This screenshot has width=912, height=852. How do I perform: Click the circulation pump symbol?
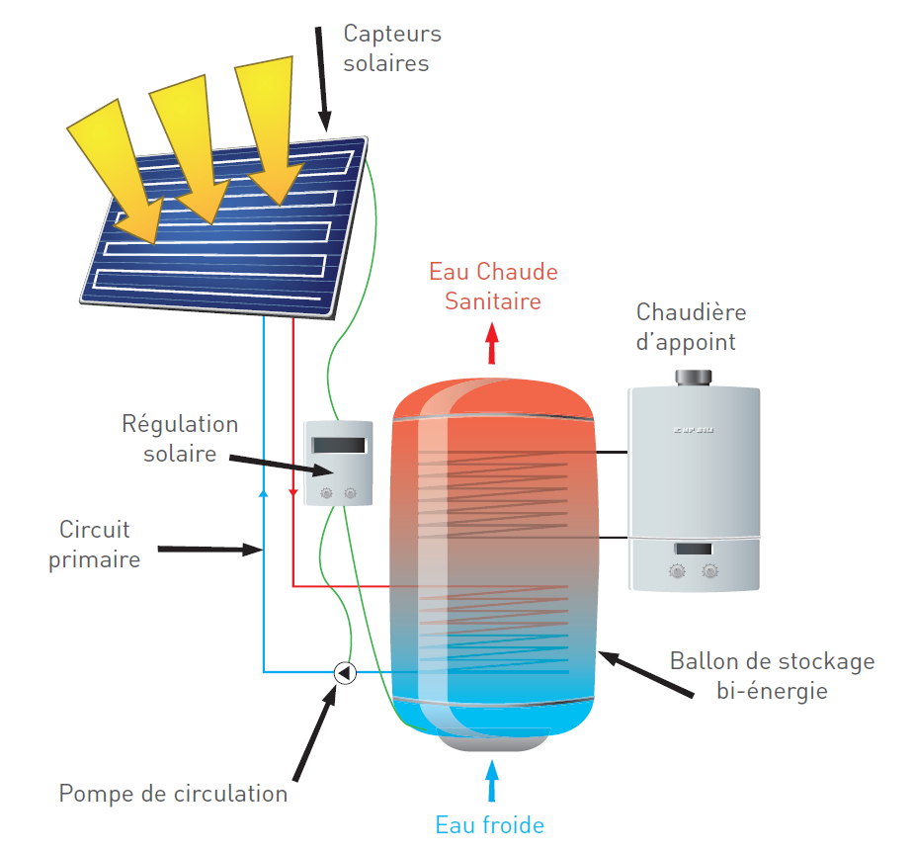345,672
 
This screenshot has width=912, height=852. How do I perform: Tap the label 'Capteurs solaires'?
391,48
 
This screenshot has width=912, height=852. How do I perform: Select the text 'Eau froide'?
490,824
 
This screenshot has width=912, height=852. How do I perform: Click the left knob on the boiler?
678,570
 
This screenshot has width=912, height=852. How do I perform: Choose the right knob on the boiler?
710,570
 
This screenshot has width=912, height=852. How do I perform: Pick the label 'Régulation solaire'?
180,439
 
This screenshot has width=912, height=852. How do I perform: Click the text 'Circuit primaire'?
95,545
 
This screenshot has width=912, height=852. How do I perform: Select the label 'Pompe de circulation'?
173,794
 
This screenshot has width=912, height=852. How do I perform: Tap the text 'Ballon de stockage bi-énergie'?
772,675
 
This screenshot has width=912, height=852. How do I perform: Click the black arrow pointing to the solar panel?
323,79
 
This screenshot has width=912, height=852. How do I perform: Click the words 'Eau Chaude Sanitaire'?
493,286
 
